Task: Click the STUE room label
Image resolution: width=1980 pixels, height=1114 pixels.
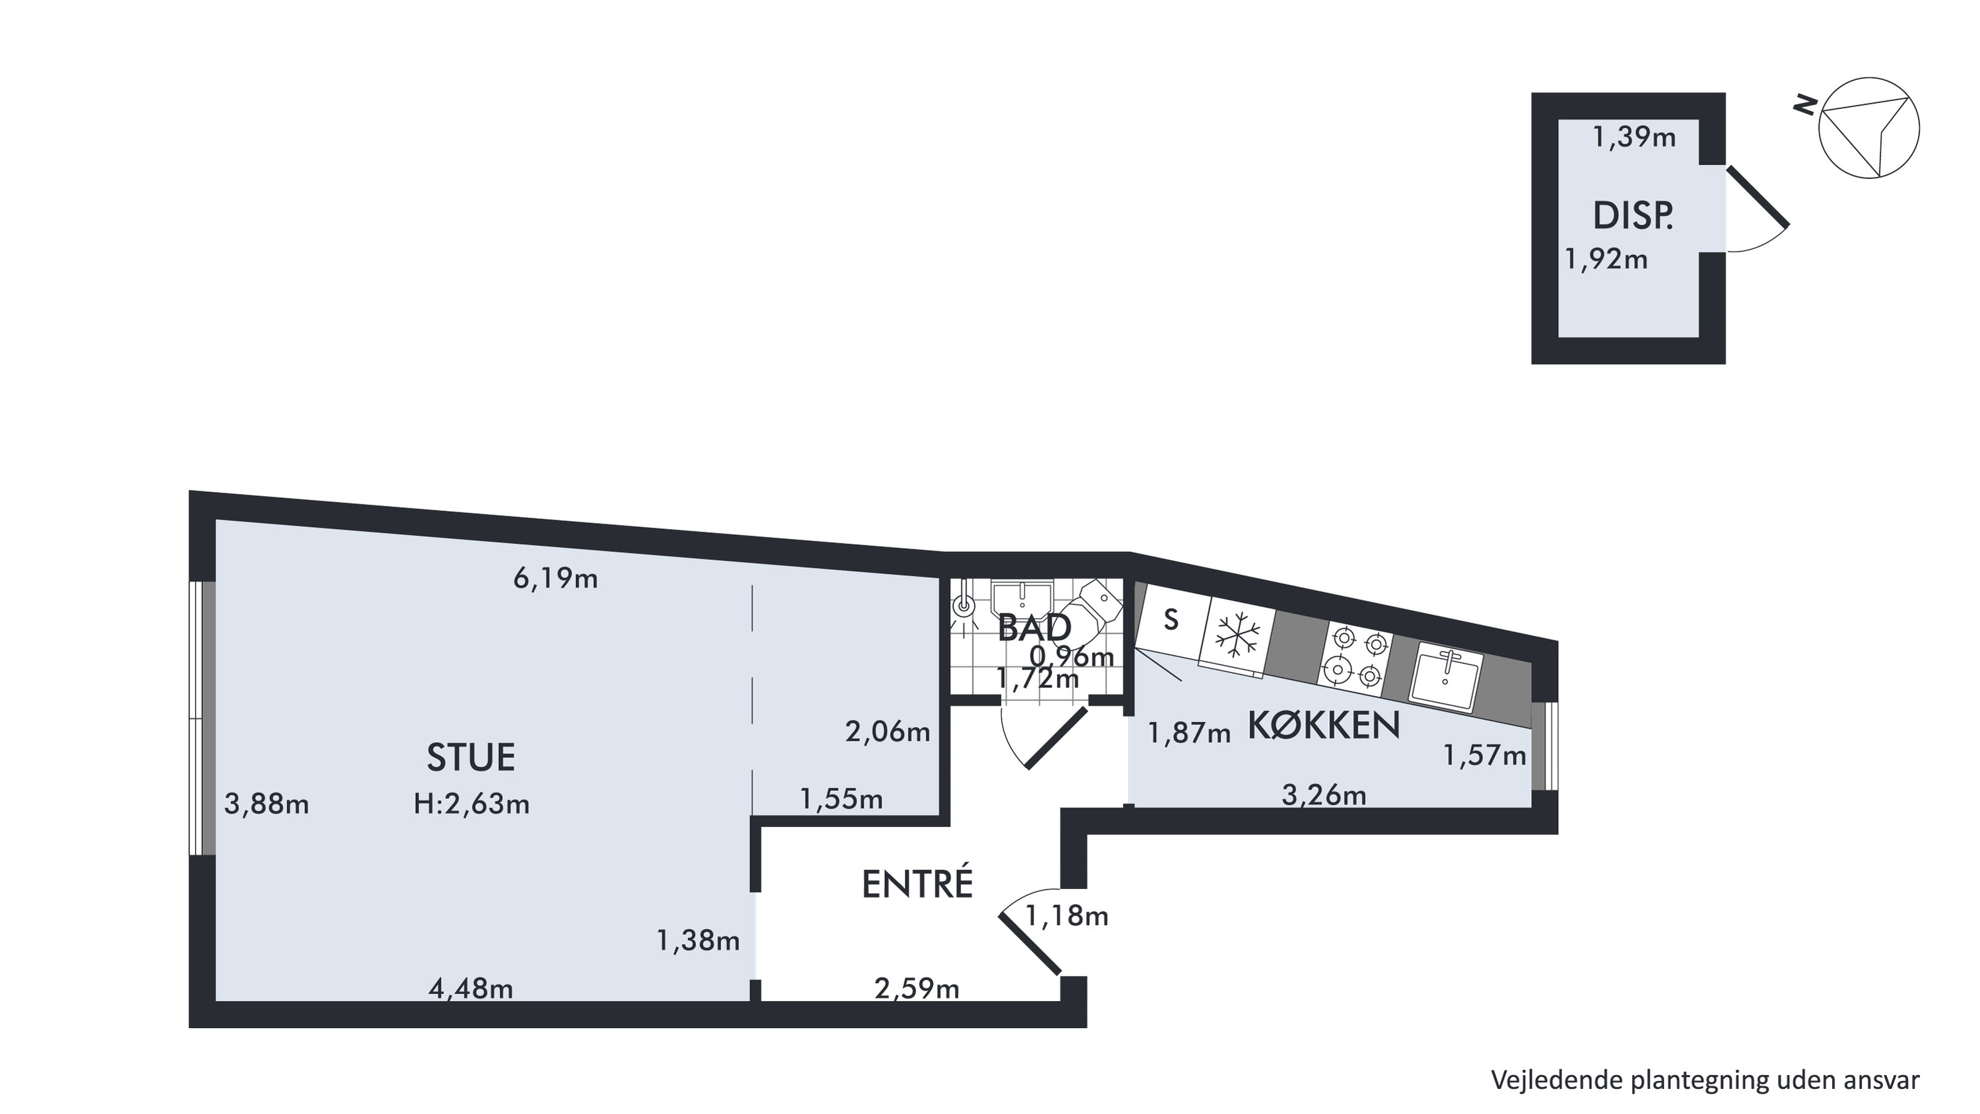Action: pos(470,757)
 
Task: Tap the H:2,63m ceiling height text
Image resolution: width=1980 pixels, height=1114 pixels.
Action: pos(471,804)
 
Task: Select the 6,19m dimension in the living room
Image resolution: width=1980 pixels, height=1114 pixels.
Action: pos(555,579)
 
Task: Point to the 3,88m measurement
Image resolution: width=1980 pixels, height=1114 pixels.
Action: pos(266,804)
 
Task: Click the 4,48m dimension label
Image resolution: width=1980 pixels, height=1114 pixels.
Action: pos(470,989)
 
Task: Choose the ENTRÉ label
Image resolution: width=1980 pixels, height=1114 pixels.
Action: pos(917,884)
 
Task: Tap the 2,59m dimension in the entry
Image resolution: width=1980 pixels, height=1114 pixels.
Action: pos(917,989)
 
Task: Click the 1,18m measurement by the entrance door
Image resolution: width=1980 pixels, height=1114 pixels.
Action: pos(1067,916)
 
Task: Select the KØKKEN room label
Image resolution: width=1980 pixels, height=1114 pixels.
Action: pos(1323,726)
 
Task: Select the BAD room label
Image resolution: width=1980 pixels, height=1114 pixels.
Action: pos(1034,628)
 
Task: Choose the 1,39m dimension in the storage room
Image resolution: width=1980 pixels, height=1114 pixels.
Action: pos(1634,137)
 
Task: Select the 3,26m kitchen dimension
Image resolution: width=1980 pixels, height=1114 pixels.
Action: pos(1324,795)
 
